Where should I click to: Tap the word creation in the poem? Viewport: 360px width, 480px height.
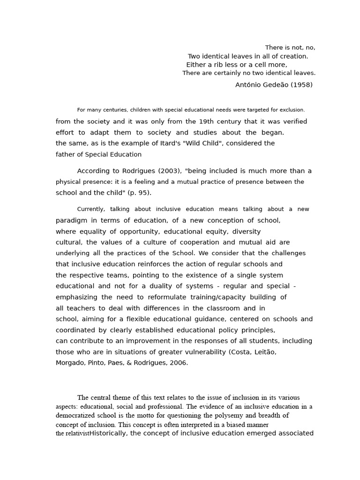point(293,56)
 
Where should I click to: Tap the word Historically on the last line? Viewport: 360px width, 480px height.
point(108,433)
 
